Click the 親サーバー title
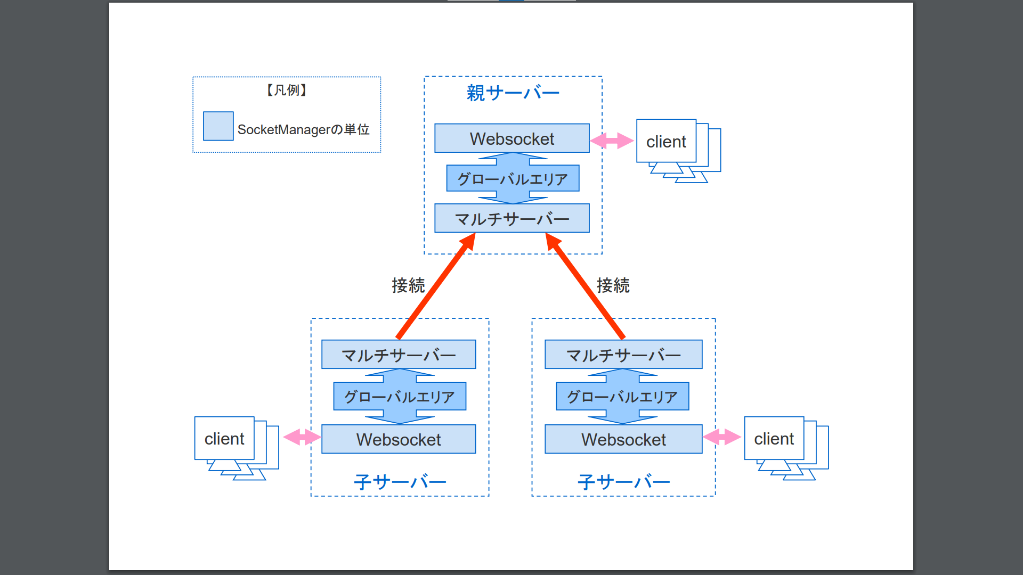[513, 93]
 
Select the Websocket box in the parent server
[511, 138]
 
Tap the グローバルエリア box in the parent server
[513, 179]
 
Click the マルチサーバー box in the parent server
[511, 218]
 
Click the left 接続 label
[408, 285]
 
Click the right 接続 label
[613, 285]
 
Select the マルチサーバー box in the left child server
[399, 355]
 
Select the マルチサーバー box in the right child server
[623, 355]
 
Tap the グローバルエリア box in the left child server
[400, 397]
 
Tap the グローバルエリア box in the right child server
[622, 397]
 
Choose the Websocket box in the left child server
[399, 439]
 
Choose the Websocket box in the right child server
[623, 439]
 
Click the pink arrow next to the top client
[612, 141]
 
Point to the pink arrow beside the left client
[302, 437]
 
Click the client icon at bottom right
[775, 439]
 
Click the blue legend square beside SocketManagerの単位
[218, 126]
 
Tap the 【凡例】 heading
[287, 91]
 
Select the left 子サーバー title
[400, 482]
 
